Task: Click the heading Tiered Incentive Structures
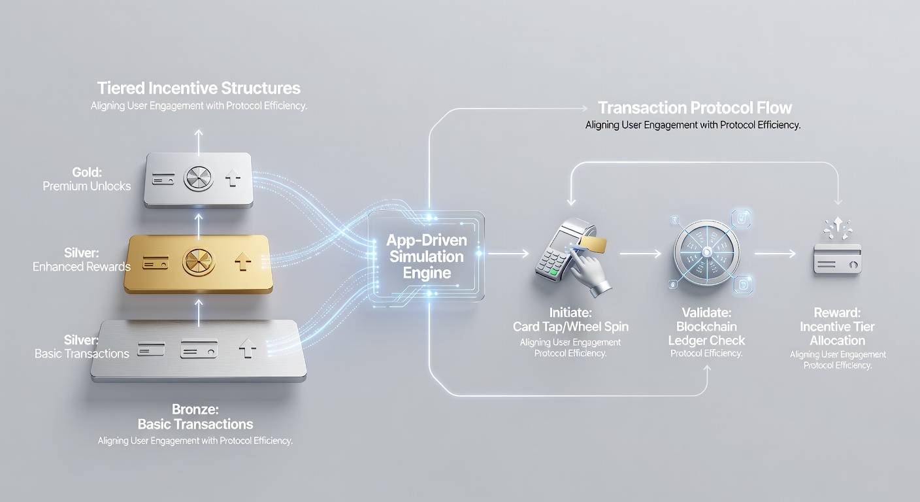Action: [199, 88]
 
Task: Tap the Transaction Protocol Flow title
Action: [695, 108]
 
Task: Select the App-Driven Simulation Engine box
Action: [426, 256]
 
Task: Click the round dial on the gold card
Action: [199, 261]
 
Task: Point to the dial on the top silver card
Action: [199, 178]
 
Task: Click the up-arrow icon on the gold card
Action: [242, 261]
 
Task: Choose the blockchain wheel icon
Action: [707, 252]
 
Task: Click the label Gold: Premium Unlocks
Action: [87, 179]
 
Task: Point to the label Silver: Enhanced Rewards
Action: [81, 259]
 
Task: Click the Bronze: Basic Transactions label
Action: [195, 416]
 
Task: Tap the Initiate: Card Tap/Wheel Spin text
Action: [570, 320]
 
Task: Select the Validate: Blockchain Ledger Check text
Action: [706, 327]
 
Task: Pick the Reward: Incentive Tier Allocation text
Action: [837, 327]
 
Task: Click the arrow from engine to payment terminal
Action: [508, 254]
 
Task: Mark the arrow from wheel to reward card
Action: [775, 254]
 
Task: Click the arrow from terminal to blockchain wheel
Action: [640, 254]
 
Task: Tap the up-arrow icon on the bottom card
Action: [247, 348]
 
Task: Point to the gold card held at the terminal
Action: [593, 245]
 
